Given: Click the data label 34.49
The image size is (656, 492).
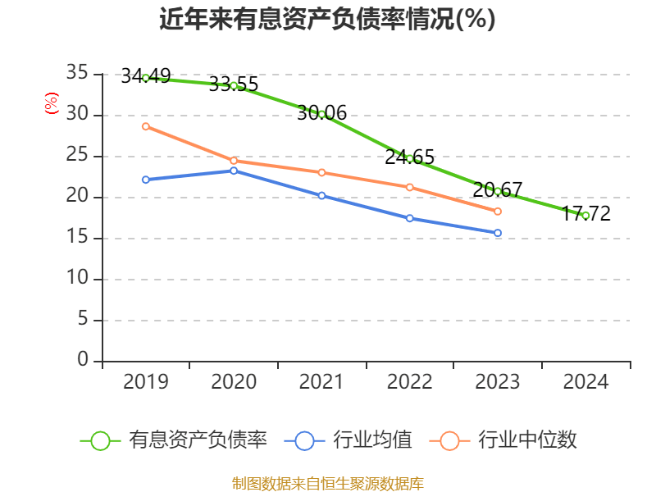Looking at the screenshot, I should (x=145, y=76).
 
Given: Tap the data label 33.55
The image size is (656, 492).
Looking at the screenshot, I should (x=234, y=84).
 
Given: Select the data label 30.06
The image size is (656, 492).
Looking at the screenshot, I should (x=321, y=113).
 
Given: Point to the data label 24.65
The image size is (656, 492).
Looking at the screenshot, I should (x=409, y=157).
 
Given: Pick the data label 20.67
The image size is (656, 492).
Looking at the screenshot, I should (x=497, y=190).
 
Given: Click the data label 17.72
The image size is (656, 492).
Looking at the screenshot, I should (x=585, y=214).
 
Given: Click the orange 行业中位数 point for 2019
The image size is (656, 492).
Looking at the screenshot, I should (x=145, y=126).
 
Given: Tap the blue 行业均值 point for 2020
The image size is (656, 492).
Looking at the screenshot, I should (x=234, y=171).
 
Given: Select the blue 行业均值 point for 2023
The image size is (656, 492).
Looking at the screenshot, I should (x=498, y=233).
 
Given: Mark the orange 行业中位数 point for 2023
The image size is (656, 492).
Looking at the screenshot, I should (x=498, y=212).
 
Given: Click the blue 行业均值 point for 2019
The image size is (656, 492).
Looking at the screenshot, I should (x=145, y=180).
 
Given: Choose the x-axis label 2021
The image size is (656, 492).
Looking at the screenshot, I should (x=321, y=382).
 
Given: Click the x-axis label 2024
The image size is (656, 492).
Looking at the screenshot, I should (x=585, y=382).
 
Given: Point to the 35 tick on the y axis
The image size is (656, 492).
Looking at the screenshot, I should (x=77, y=74).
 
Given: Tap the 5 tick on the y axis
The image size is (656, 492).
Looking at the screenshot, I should (x=82, y=320).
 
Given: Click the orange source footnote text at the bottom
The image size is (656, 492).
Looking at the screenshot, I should (x=327, y=483).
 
